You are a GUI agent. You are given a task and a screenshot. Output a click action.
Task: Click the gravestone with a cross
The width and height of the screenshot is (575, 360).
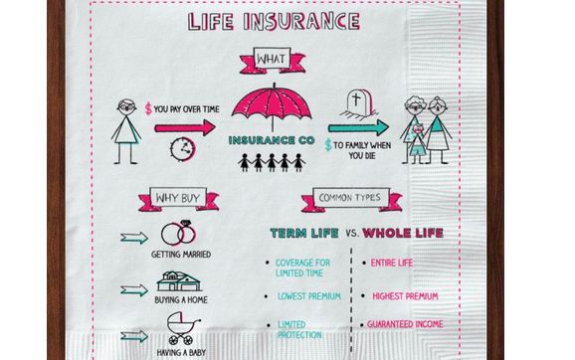358,103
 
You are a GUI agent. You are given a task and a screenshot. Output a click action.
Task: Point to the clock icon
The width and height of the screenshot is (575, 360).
181,148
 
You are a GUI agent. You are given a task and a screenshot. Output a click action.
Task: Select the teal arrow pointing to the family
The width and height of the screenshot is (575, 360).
358,126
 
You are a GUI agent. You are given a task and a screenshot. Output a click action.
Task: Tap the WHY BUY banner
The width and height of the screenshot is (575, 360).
178,199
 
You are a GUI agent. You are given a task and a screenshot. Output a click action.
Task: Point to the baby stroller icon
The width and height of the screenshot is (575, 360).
180,326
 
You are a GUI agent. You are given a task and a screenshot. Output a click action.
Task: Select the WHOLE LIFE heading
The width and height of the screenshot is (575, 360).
402,234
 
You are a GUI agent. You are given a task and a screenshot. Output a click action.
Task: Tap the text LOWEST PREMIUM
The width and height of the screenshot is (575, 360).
309,296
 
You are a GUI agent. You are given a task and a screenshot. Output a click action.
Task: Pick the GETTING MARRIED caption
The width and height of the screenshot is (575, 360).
180,256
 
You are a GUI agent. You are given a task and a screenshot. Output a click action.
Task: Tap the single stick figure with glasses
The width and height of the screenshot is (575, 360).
126,128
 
